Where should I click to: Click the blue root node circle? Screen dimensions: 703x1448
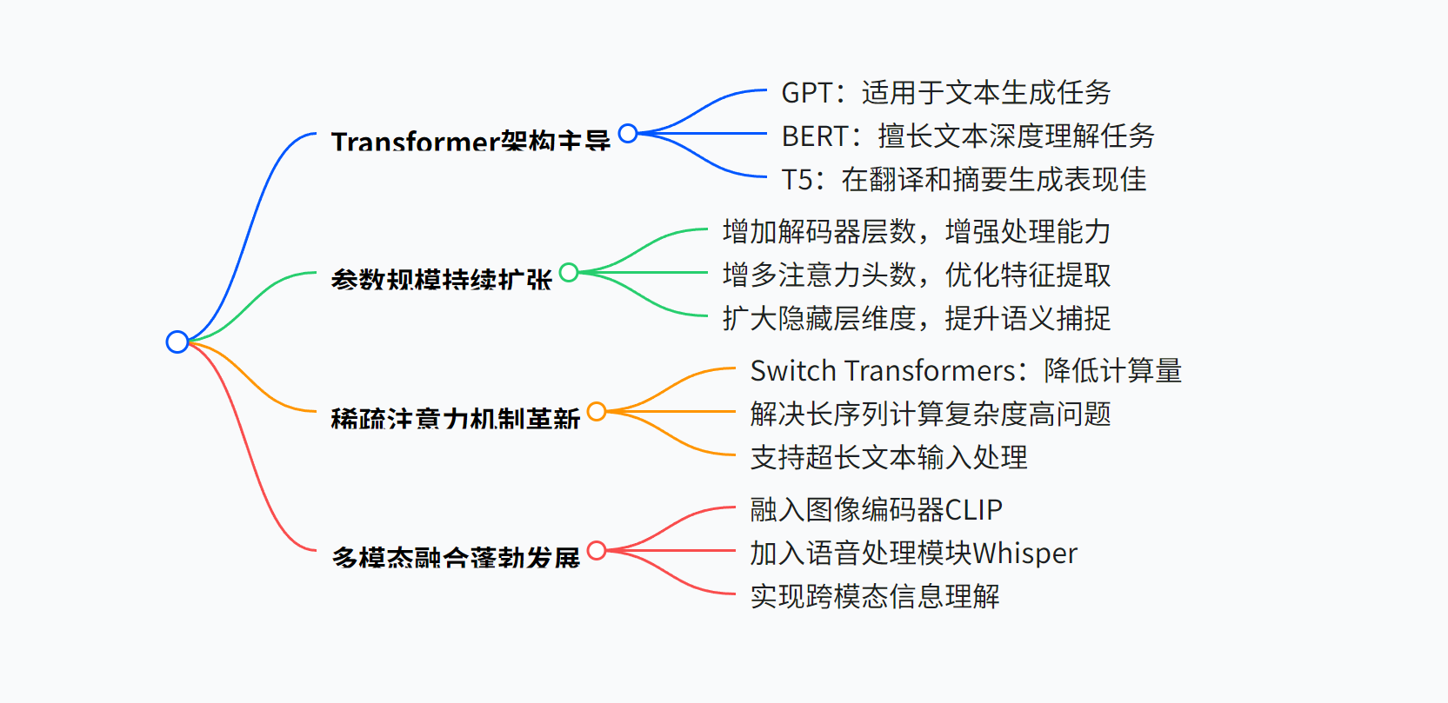point(177,342)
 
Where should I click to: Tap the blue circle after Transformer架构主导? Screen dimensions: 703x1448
point(628,134)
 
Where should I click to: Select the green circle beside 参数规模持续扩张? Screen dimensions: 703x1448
point(569,273)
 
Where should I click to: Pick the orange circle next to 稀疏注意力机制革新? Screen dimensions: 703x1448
point(597,412)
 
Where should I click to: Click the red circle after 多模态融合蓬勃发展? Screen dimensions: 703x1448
point(597,551)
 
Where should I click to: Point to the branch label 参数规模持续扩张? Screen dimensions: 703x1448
point(441,280)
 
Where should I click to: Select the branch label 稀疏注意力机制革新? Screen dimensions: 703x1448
point(455,419)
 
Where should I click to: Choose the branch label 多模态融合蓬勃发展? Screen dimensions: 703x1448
point(455,557)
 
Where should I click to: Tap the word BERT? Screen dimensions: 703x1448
point(814,136)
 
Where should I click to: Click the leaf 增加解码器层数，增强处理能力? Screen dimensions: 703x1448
point(916,232)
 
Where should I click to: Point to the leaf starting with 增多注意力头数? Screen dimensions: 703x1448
point(916,275)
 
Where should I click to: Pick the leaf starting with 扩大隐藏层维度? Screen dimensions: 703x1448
point(916,319)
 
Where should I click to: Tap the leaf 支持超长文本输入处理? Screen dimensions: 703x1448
point(888,458)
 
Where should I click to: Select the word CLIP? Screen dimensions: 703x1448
point(973,510)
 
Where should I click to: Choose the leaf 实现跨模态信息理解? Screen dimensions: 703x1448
point(874,597)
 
